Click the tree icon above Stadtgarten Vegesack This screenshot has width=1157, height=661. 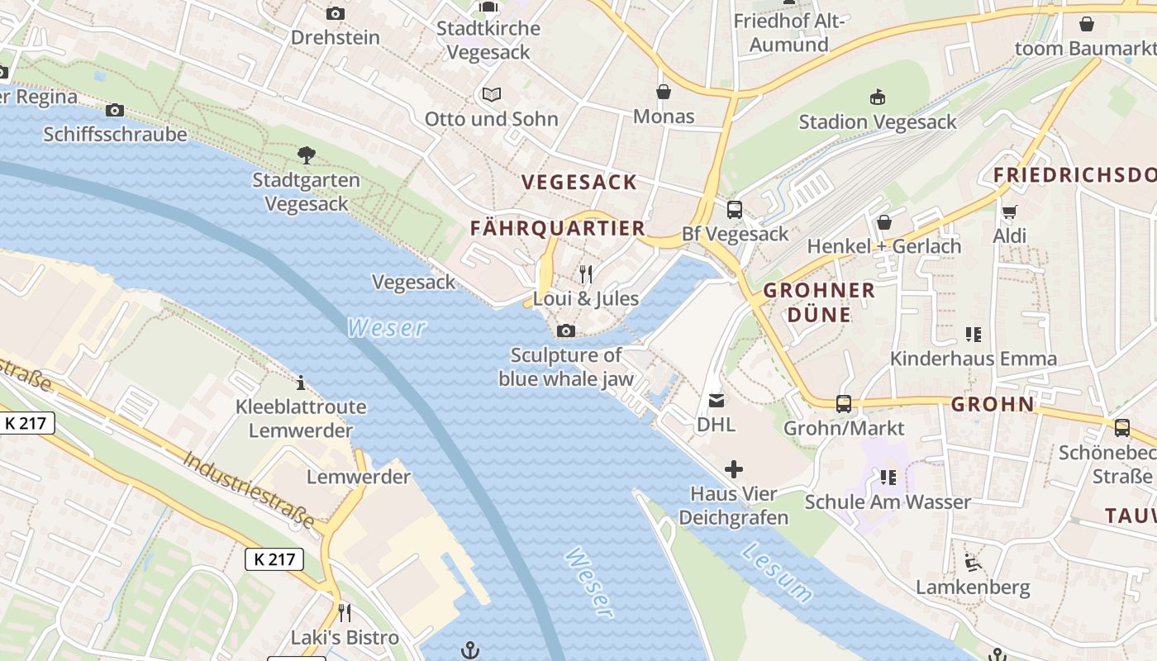306,155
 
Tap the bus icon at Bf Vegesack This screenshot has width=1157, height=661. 734,209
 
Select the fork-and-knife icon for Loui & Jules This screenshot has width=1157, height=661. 586,273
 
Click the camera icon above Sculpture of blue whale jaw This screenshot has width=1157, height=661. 565,331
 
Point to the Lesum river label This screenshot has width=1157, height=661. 776,572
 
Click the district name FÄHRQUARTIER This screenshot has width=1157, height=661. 557,229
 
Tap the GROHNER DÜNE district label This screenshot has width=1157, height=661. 818,302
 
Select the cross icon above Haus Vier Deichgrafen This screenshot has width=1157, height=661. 733,470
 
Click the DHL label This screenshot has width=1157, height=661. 716,425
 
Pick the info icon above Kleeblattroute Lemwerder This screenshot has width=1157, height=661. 301,383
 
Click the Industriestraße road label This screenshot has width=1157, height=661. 249,490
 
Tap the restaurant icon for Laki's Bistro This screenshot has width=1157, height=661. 345,612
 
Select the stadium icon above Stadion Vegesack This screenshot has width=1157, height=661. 877,97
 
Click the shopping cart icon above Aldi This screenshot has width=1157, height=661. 1009,212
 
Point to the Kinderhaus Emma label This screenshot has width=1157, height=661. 973,359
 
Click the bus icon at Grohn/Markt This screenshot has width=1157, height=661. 843,403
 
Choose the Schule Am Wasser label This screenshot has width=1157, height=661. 888,502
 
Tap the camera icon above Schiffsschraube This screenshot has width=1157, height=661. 115,110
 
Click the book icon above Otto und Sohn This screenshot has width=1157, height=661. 492,94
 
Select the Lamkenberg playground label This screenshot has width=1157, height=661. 972,587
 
